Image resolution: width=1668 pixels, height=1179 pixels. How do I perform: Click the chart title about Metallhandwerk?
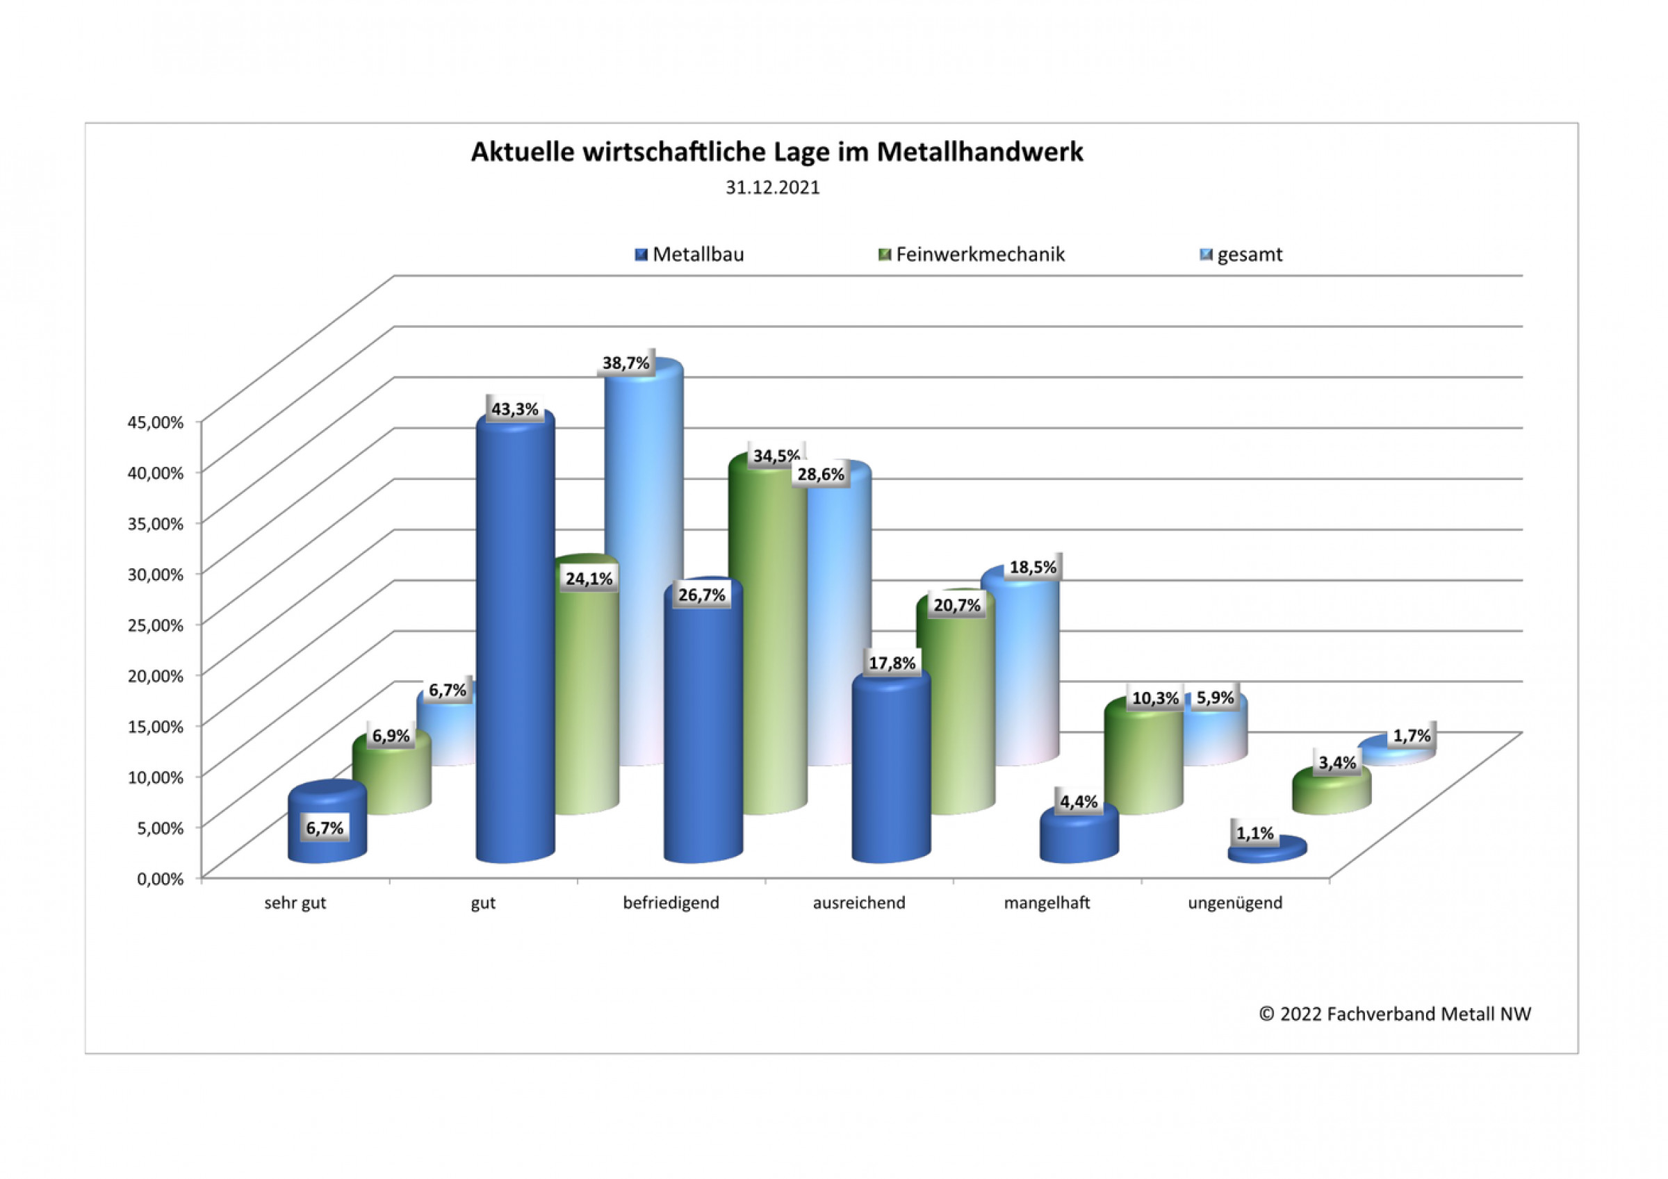776,153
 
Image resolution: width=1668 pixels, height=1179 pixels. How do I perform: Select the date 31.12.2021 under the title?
772,188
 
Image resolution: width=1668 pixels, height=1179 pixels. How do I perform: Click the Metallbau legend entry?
689,254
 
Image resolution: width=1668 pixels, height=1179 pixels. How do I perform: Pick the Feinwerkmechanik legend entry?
972,254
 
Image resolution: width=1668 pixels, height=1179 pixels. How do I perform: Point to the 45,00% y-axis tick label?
156,422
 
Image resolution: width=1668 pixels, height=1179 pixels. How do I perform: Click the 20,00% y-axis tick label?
156,675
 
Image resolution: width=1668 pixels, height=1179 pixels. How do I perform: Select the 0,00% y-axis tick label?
160,879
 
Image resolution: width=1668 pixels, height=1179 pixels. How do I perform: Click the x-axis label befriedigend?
671,903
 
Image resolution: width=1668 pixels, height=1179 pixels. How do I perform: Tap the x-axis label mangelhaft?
1047,903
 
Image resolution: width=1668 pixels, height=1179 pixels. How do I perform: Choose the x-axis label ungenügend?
1235,903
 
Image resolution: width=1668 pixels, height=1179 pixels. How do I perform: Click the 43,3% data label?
515,410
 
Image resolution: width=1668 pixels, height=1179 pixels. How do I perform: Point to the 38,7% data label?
625,363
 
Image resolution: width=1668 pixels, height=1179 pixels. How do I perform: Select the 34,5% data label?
776,456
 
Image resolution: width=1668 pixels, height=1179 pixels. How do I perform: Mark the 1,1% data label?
1255,833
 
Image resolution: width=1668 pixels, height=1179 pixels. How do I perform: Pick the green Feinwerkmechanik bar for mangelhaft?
1143,763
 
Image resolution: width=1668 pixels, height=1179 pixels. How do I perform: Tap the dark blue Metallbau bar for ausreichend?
891,770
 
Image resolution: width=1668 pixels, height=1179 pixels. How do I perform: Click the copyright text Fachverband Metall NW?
1394,1014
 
